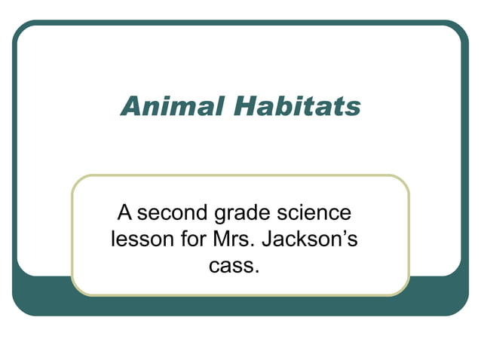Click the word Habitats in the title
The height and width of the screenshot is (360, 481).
tap(296, 107)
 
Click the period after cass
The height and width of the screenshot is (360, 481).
tap(257, 271)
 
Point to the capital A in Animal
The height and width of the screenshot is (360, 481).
tap(131, 107)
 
